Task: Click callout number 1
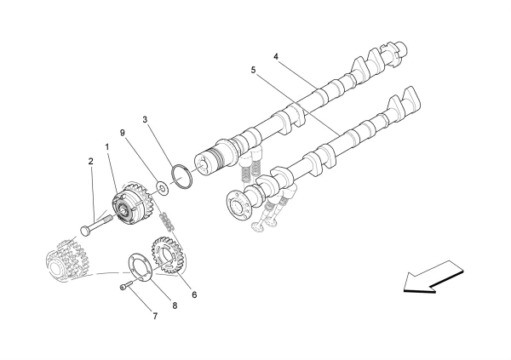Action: pos(108,147)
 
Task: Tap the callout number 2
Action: pos(90,160)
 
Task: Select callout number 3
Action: pos(146,120)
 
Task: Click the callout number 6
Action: pos(193,294)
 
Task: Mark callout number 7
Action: pos(155,317)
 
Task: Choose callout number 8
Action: pos(175,304)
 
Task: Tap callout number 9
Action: pos(123,132)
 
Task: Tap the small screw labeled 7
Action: pos(127,288)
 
